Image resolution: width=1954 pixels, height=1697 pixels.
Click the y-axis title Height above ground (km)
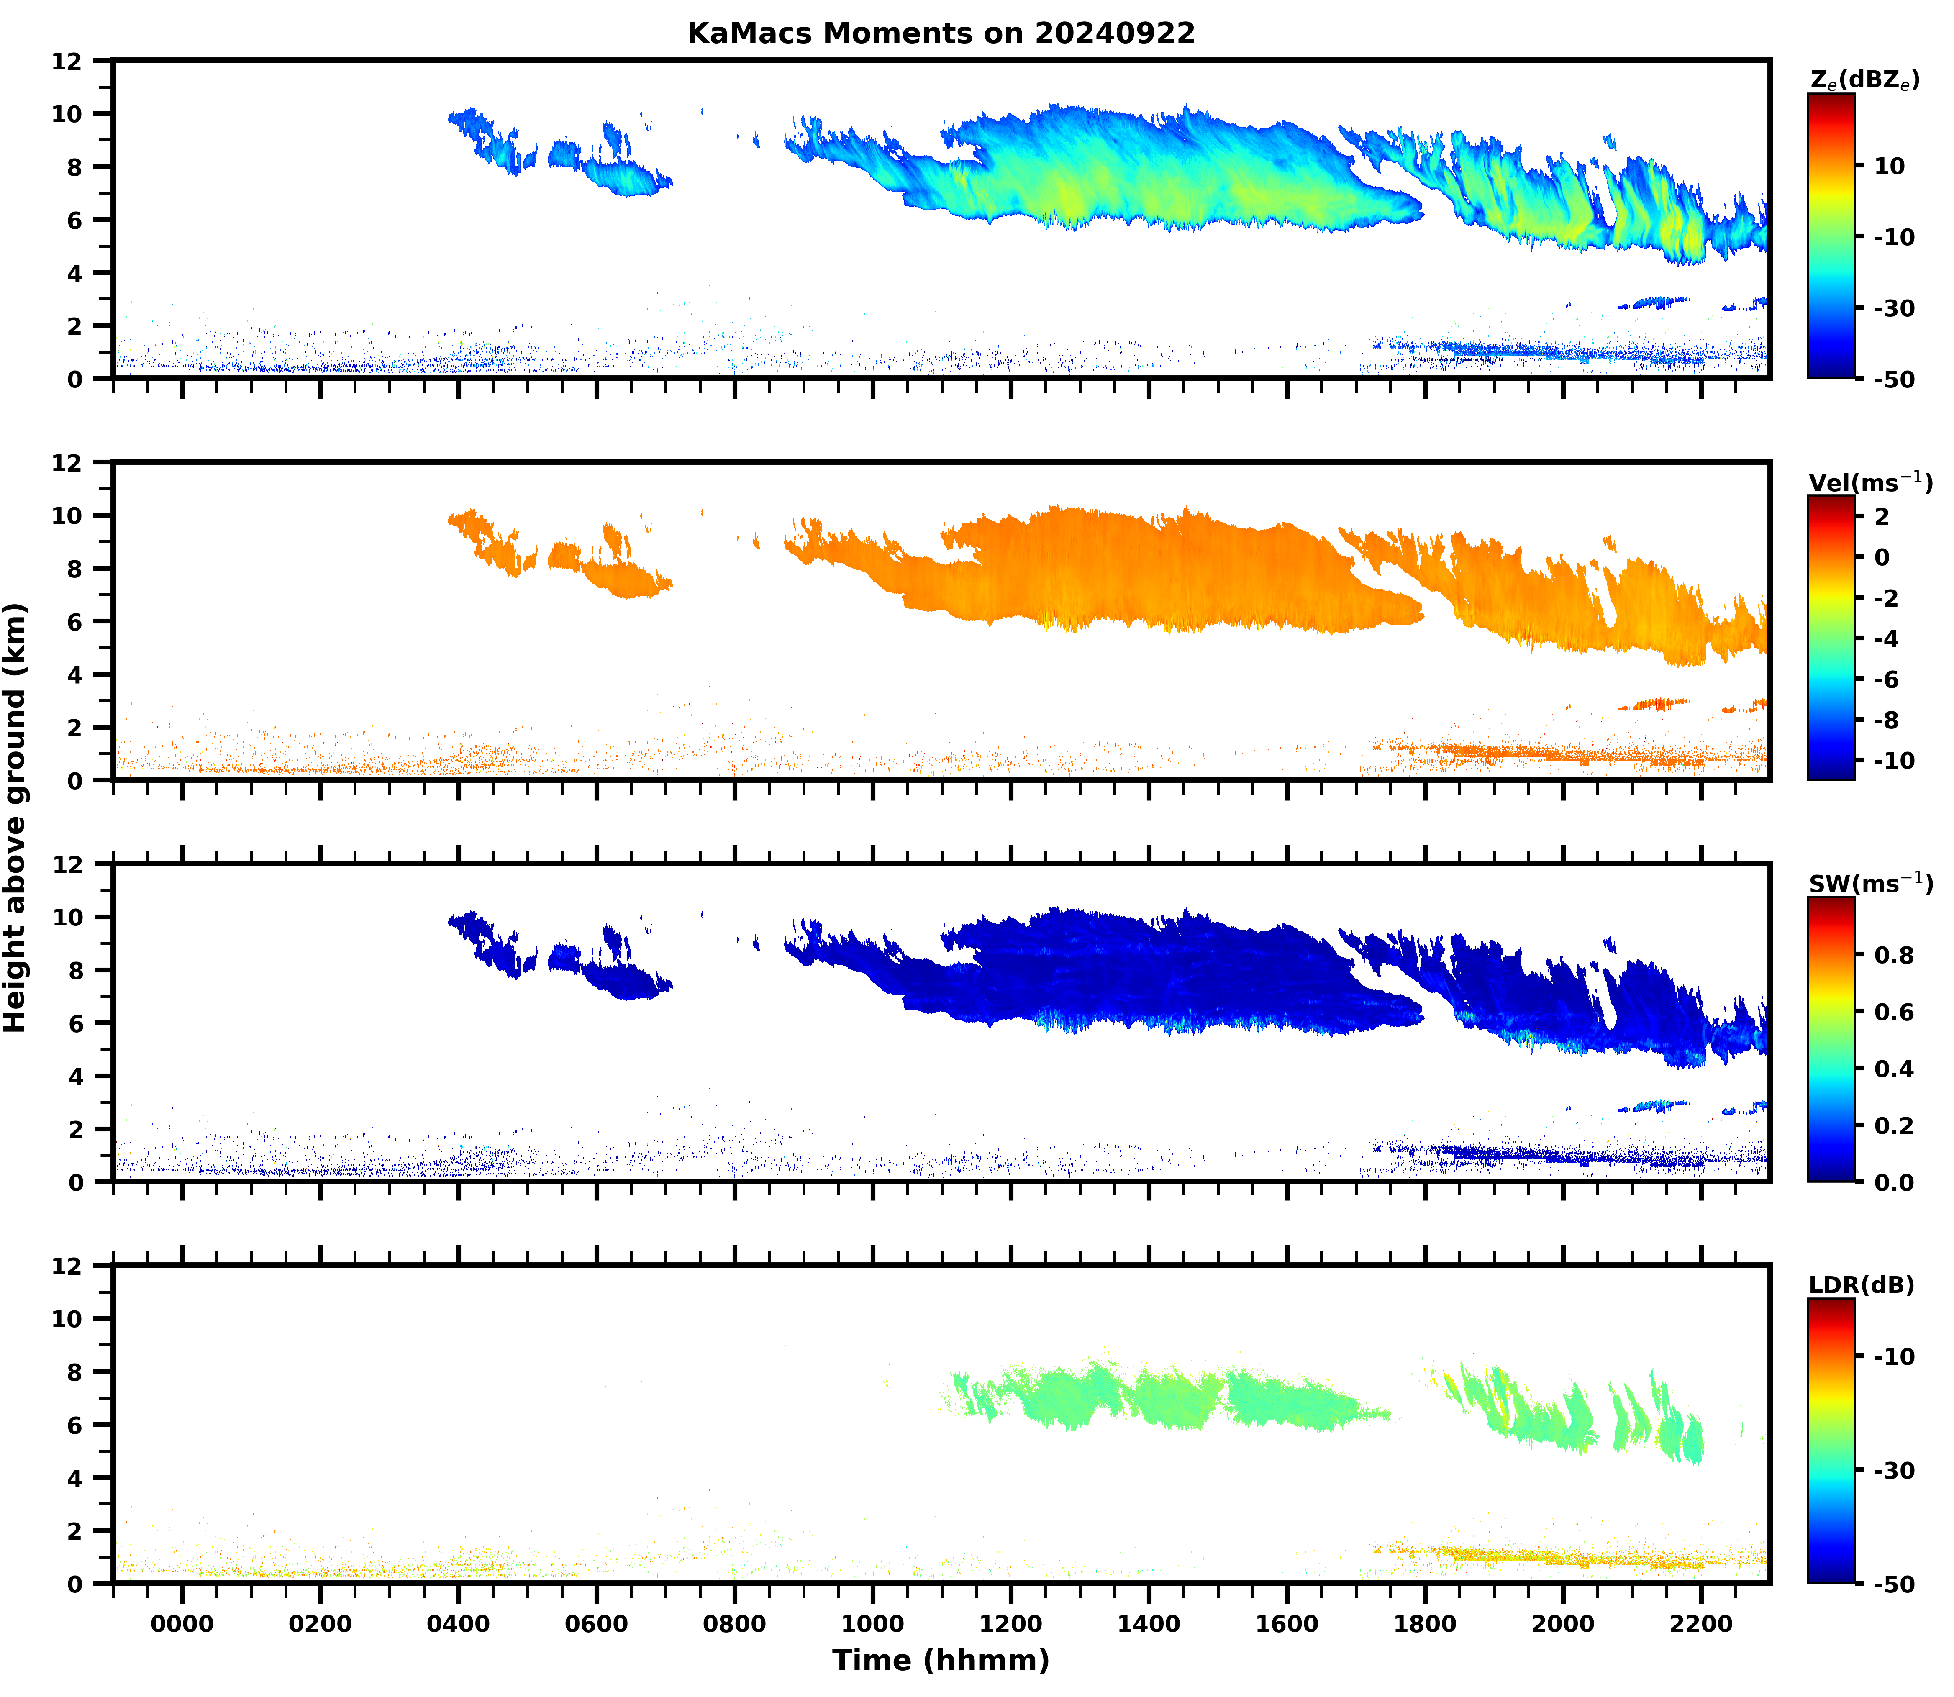tap(15, 817)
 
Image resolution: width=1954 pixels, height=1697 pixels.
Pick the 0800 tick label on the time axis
tap(734, 1624)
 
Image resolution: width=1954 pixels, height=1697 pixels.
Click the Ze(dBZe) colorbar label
tap(1864, 80)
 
